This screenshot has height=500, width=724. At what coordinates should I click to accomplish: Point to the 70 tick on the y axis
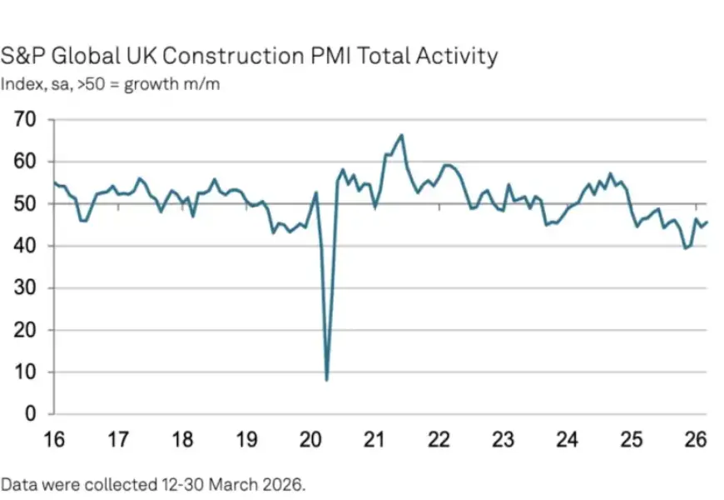point(27,119)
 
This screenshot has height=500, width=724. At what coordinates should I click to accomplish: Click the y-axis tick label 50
point(27,203)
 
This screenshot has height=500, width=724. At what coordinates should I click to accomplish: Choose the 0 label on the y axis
point(32,413)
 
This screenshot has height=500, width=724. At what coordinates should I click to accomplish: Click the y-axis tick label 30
point(27,287)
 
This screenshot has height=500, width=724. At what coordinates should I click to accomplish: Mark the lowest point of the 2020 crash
point(326,380)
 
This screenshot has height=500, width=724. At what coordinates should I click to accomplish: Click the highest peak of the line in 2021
point(401,135)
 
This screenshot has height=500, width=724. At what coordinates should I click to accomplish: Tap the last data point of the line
point(707,222)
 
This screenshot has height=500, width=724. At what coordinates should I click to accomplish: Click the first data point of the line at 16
point(53,182)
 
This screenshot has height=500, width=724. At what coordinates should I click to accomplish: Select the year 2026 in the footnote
point(279,482)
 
